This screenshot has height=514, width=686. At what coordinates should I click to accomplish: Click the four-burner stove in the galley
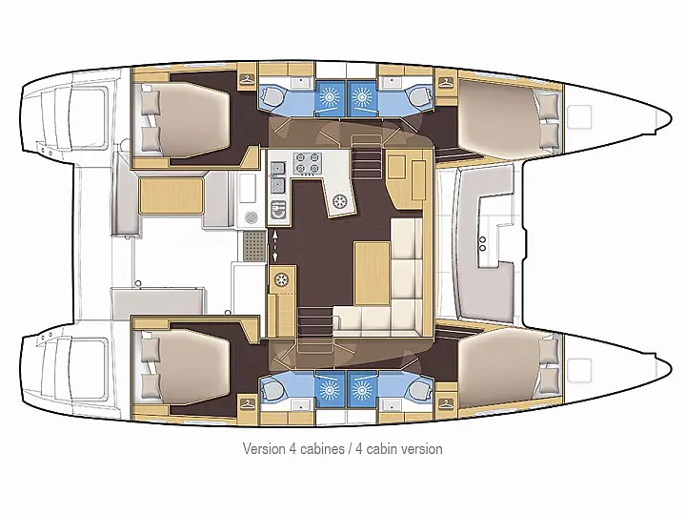307,164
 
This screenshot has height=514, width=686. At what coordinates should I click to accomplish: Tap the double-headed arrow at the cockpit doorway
276,246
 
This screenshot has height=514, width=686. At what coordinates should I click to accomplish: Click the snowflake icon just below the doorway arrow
281,279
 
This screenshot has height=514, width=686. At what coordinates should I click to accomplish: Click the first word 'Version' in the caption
264,448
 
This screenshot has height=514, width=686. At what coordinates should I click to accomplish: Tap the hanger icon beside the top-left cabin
247,79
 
